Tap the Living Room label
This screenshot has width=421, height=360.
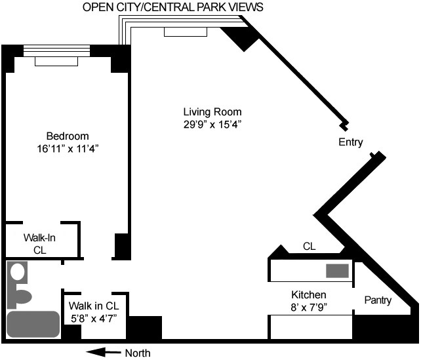pyautogui.click(x=212, y=111)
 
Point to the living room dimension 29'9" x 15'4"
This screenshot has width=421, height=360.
pyautogui.click(x=212, y=125)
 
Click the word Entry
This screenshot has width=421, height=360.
pyautogui.click(x=350, y=142)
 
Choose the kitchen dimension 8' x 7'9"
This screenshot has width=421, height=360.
pyautogui.click(x=309, y=306)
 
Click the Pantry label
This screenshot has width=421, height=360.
pyautogui.click(x=377, y=301)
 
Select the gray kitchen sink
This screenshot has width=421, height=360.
pyautogui.click(x=338, y=270)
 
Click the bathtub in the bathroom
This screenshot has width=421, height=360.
pyautogui.click(x=33, y=323)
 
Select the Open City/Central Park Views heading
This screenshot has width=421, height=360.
pyautogui.click(x=173, y=7)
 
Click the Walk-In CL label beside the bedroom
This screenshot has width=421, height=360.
pyautogui.click(x=39, y=243)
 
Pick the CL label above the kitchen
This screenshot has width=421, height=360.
pyautogui.click(x=309, y=247)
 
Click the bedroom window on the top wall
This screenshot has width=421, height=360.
pyautogui.click(x=56, y=50)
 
